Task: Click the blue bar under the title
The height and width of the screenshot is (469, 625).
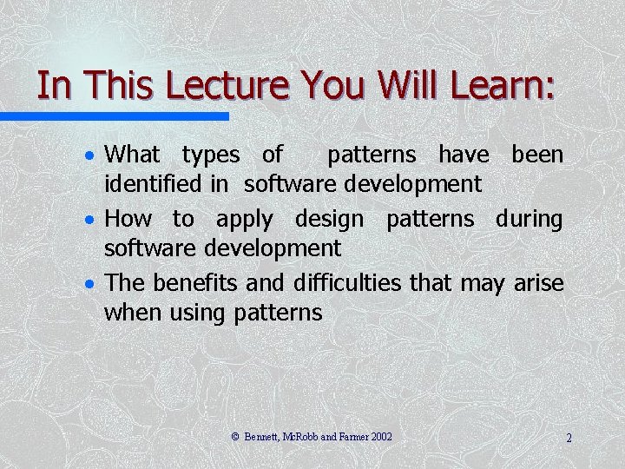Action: pos(114,116)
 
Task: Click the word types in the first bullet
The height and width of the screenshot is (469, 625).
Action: pos(210,156)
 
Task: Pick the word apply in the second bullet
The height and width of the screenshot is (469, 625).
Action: pos(244,221)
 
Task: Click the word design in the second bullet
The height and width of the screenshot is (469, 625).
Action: pos(330,221)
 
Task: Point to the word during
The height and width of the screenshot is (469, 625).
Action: pos(529,219)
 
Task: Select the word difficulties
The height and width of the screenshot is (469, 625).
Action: pos(337,283)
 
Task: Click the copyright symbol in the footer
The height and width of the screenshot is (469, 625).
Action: pos(235,437)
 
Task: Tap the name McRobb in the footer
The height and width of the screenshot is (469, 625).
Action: pos(299,437)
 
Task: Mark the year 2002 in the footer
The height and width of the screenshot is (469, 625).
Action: pos(381,437)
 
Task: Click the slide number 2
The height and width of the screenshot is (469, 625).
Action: pos(569,438)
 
